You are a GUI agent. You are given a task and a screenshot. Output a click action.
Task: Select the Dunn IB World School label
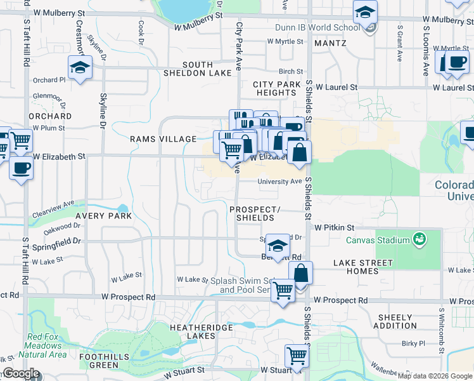coord(317,28)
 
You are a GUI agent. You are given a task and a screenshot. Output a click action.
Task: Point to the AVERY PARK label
coord(103,216)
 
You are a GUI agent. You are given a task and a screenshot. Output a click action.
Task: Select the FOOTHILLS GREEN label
coord(99,361)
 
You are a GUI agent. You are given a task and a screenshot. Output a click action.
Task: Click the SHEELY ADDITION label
coord(395,321)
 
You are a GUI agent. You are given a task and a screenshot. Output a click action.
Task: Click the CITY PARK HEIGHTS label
coord(276,88)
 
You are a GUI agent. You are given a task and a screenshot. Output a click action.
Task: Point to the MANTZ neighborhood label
coord(330,43)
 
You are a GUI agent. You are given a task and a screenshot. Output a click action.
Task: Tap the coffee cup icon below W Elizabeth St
coord(21,168)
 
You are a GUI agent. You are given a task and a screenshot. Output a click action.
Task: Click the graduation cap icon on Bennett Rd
coord(277,245)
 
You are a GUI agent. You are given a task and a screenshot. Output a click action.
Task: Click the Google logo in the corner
coord(21,373)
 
